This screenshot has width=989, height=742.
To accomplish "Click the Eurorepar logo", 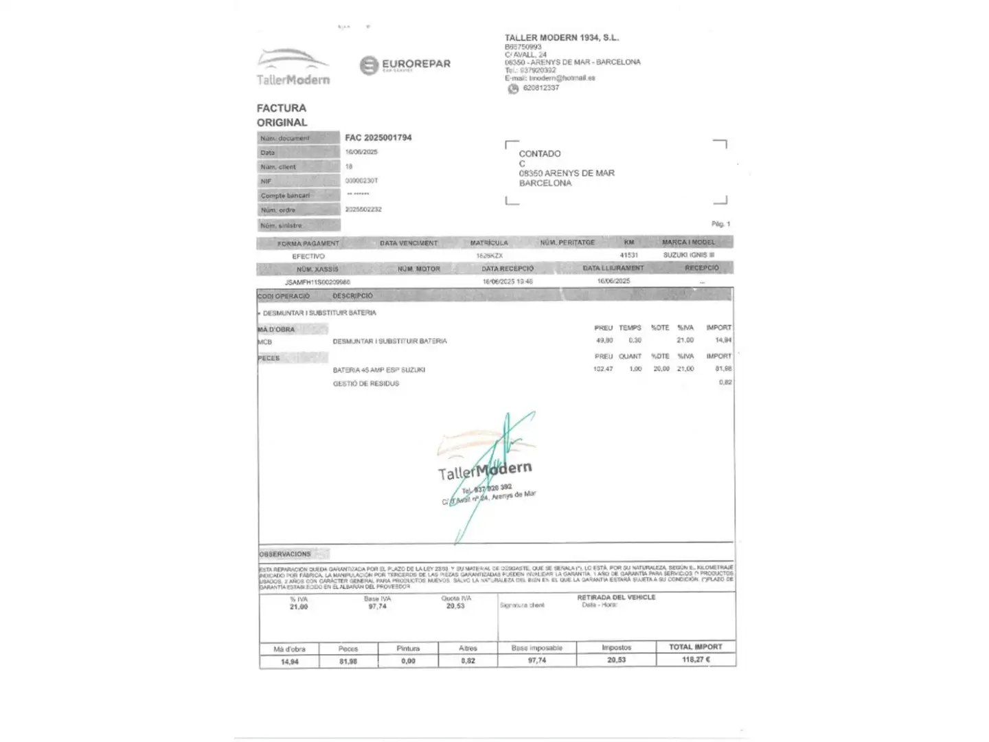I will [x=405, y=65].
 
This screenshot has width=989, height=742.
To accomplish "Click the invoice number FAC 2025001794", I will [x=378, y=137].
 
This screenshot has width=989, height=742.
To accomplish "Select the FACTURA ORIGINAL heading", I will [x=282, y=115].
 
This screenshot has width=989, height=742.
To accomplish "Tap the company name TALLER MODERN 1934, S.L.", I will [x=561, y=38].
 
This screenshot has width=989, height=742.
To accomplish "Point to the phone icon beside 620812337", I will [x=513, y=89].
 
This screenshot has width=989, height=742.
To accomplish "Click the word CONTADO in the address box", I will [x=540, y=154].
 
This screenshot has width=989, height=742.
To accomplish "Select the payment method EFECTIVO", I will [x=308, y=256].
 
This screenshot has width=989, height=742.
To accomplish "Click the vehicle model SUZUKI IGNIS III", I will [x=688, y=255].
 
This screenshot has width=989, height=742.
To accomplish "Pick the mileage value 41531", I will [x=628, y=255].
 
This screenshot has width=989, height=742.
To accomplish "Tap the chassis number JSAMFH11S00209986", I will [x=317, y=282].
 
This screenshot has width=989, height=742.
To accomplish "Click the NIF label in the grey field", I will [x=266, y=181].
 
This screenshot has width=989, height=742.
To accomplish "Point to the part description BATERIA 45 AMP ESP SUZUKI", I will [x=379, y=370].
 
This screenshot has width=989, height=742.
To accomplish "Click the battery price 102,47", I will [x=603, y=369].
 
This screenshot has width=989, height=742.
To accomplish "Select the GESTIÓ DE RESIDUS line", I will [x=366, y=383].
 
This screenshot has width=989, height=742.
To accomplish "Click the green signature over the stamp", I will [x=491, y=474].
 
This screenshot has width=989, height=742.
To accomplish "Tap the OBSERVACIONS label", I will [x=285, y=554].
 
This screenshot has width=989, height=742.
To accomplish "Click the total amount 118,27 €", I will [x=696, y=660].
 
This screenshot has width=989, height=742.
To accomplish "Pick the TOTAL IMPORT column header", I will [x=696, y=647].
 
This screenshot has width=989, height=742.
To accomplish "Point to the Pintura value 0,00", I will [x=408, y=661].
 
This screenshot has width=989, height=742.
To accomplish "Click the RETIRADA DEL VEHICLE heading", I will [x=616, y=598].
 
